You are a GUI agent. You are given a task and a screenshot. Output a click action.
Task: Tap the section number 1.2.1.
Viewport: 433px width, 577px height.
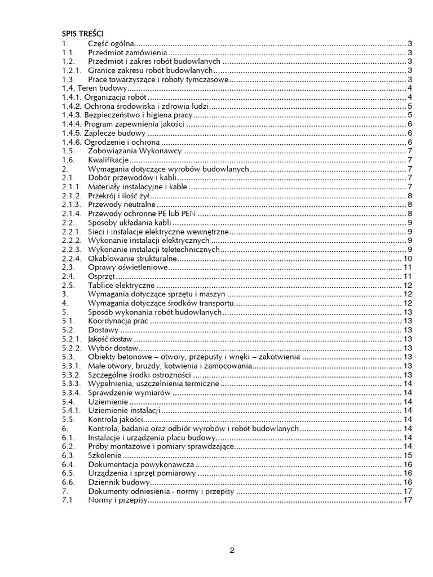[72, 70]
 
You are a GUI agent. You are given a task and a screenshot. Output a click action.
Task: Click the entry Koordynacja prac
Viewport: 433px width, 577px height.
[118, 321]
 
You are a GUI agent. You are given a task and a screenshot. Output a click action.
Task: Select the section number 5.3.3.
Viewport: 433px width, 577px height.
[72, 383]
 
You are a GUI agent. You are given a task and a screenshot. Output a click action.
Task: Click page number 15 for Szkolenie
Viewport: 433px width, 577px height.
[409, 455]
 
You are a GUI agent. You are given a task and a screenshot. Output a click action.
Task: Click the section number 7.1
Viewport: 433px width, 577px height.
[68, 500]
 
